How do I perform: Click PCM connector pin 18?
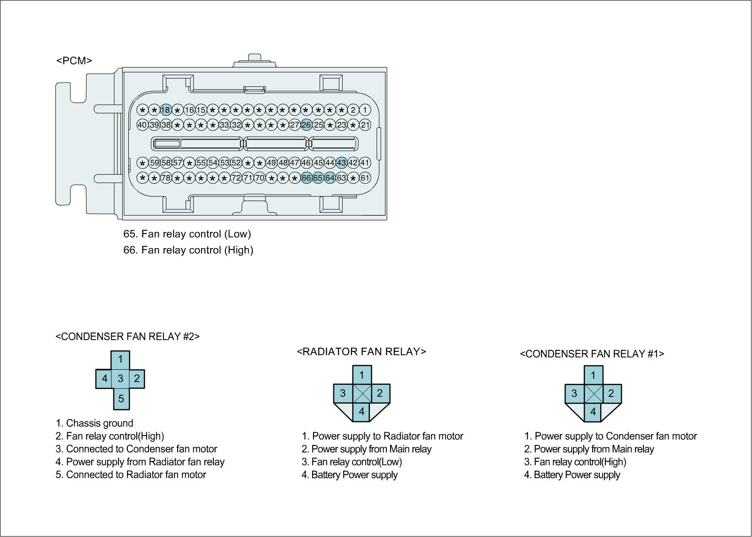(165, 110)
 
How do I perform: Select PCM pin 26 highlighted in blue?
(306, 125)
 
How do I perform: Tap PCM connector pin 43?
(342, 163)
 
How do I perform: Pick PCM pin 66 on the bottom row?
(306, 178)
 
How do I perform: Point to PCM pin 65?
(318, 178)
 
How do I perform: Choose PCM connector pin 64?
(330, 178)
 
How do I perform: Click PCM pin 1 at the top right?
(365, 110)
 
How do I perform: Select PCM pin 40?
(142, 125)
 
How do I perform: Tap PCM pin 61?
(365, 178)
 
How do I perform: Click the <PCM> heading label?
(74, 61)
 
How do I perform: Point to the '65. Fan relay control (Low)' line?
(187, 234)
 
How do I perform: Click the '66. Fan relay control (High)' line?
(188, 250)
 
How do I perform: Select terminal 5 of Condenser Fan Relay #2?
(121, 399)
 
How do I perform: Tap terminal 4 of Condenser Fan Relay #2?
(104, 379)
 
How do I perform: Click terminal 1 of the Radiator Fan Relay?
(362, 375)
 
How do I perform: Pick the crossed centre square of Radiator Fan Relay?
(362, 394)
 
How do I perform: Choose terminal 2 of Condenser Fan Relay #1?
(611, 394)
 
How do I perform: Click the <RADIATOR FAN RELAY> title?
(361, 351)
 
